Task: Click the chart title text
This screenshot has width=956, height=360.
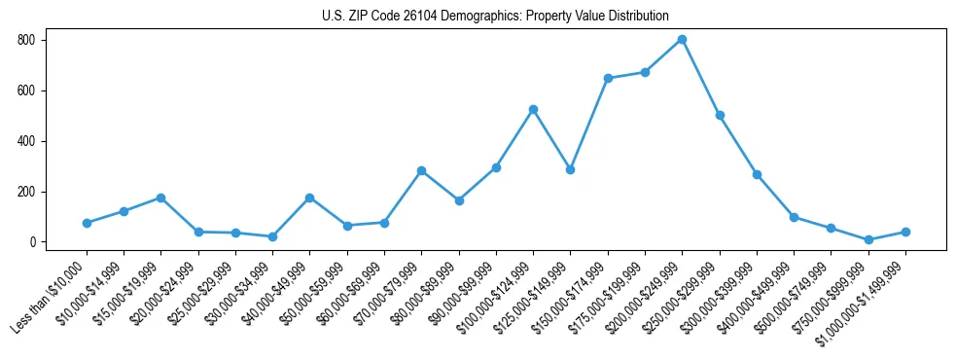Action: (495, 16)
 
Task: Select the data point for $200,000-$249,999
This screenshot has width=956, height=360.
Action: (683, 40)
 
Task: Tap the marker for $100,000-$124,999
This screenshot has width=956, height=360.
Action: (533, 109)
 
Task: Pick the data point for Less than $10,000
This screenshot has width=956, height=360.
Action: (87, 223)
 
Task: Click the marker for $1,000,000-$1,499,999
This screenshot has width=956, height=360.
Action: (905, 232)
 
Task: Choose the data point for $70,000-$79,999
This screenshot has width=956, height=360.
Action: (421, 170)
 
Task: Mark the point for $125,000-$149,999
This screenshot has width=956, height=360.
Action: (570, 169)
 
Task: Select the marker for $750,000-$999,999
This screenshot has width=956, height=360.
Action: (868, 239)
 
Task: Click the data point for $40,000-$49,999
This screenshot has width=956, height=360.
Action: (309, 198)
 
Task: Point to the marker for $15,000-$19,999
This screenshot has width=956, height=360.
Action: (160, 198)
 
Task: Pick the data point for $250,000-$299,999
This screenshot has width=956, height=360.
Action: (720, 115)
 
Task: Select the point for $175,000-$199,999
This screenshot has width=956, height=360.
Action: (645, 72)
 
